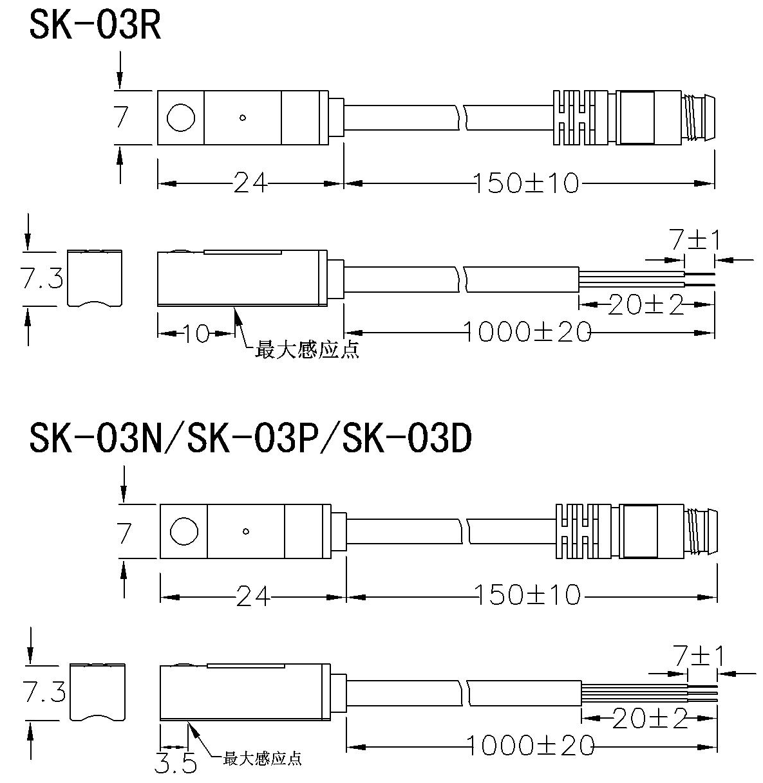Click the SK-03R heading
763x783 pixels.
pyautogui.click(x=95, y=26)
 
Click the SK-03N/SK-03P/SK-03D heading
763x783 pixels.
pyautogui.click(x=251, y=440)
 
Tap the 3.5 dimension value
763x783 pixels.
pyautogui.click(x=175, y=764)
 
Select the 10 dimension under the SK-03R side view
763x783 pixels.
pyautogui.click(x=196, y=333)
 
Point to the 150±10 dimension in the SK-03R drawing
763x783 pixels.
pyautogui.click(x=527, y=184)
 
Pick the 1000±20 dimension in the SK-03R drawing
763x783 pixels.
pyautogui.click(x=527, y=332)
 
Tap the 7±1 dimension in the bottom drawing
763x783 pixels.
pyautogui.click(x=699, y=657)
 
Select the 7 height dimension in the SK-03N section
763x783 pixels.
pyautogui.click(x=124, y=534)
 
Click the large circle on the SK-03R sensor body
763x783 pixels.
pyautogui.click(x=180, y=118)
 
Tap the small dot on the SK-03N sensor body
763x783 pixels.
pyautogui.click(x=246, y=531)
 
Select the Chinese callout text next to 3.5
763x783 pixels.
pyautogui.click(x=262, y=759)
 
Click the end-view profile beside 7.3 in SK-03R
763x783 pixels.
pyautogui.click(x=95, y=277)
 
